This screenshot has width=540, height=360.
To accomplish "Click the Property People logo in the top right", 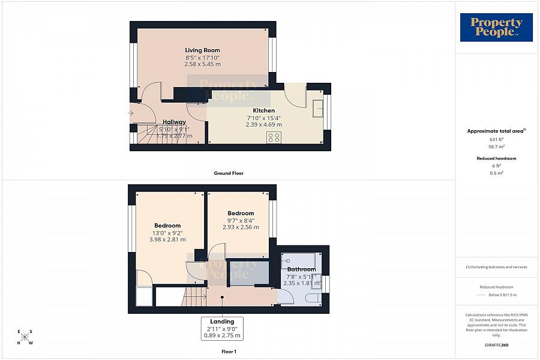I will click(x=496, y=28).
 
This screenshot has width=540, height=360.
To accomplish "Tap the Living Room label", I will click(x=202, y=50).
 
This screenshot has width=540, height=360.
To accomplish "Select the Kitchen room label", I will click(x=263, y=110).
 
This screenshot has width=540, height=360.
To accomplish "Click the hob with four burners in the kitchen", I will click(x=274, y=137).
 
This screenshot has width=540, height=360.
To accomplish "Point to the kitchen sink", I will click(x=317, y=109).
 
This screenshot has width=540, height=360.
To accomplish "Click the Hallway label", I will click(x=174, y=122).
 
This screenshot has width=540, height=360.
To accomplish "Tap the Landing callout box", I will click(x=222, y=329).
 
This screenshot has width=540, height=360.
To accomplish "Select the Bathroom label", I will click(x=301, y=269).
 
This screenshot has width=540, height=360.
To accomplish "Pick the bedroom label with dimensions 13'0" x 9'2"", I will click(x=167, y=226).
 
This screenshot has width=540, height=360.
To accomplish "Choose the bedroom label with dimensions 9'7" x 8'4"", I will click(x=241, y=213).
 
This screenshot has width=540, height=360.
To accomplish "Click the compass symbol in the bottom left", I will click(x=25, y=337).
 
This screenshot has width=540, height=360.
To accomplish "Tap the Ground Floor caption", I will click(x=229, y=173).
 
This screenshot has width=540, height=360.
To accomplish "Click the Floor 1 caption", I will click(x=229, y=351).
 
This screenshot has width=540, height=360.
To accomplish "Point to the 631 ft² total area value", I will click(x=496, y=140).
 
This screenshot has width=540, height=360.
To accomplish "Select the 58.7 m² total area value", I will click(x=496, y=146).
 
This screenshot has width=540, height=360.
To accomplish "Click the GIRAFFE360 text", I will click(x=496, y=346).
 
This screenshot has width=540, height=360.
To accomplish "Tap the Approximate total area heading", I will click(x=496, y=131).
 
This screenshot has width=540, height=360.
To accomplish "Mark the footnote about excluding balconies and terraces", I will click(x=496, y=267).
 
